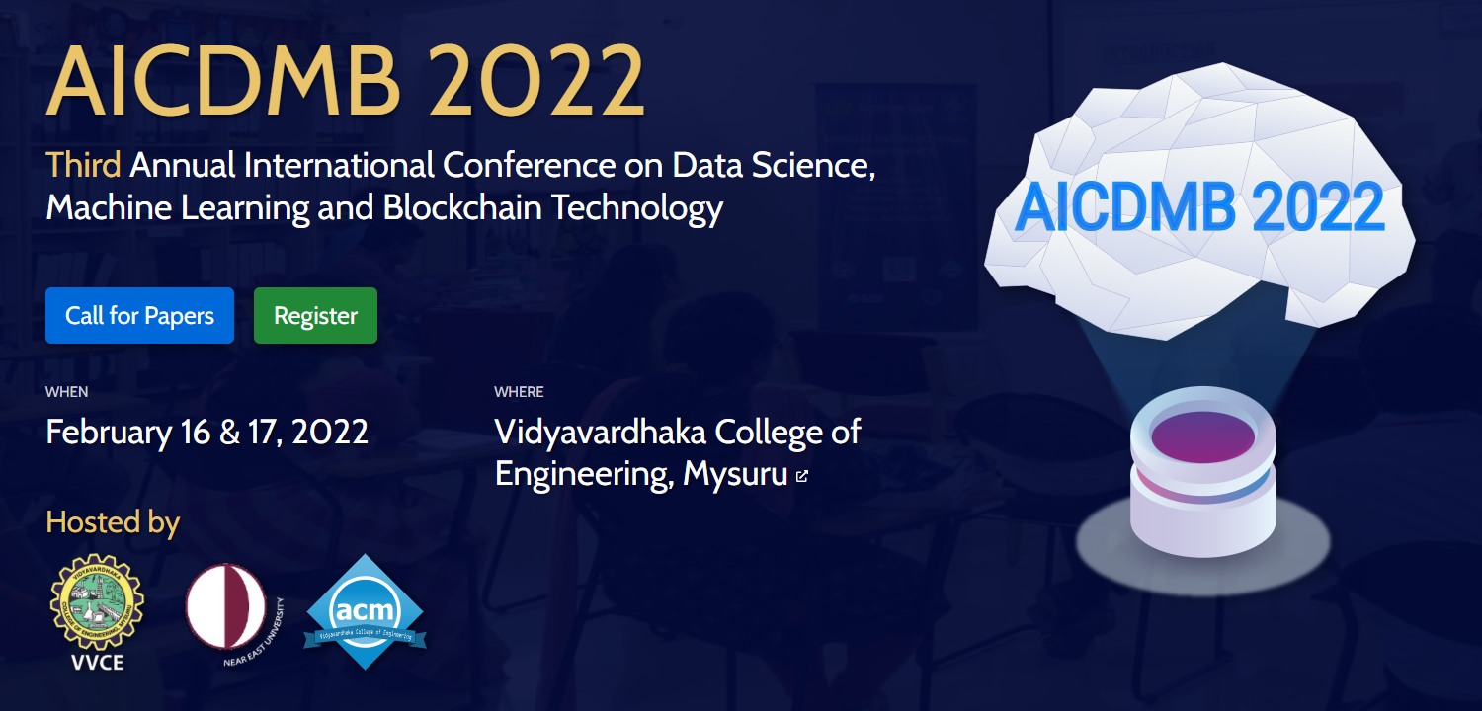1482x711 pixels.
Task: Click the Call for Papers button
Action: (139, 316)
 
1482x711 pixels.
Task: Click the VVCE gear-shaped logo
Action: (97, 601)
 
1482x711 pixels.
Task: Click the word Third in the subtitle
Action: (84, 165)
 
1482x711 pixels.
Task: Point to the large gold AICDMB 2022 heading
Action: (346, 81)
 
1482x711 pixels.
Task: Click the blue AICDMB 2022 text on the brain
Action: (1199, 208)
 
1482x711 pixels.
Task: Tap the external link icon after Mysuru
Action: (802, 476)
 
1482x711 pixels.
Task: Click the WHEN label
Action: (66, 392)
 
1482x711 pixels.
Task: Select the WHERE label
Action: (519, 392)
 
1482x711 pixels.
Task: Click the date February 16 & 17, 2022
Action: (207, 433)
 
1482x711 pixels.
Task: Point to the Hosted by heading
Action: (113, 521)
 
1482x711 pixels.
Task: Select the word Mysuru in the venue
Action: (735, 475)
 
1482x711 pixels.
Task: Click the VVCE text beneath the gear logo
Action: (98, 662)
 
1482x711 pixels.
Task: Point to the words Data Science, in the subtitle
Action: (774, 165)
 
